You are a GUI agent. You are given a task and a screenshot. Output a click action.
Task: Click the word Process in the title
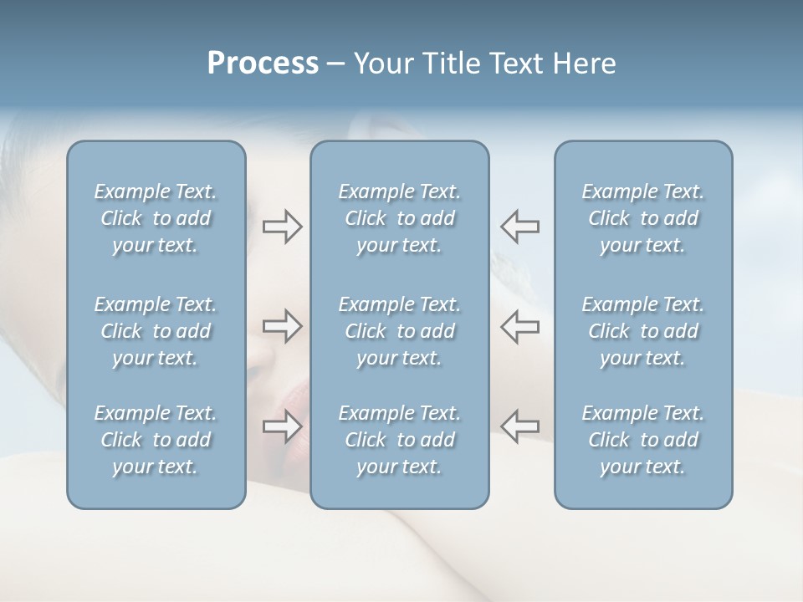pos(263,64)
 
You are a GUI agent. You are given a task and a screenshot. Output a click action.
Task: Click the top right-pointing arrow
pos(282,227)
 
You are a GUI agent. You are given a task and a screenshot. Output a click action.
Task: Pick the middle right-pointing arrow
pos(282,326)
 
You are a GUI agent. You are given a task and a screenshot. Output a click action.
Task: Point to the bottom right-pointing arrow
pos(282,426)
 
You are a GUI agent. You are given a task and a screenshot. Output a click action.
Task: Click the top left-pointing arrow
pos(519,227)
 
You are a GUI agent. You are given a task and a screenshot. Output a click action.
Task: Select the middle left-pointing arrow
pos(519,326)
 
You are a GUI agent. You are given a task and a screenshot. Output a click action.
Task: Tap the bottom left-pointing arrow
pos(519,426)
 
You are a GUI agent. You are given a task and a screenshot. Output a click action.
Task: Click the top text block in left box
pos(156,218)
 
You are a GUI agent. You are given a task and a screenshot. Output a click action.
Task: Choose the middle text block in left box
pos(156,331)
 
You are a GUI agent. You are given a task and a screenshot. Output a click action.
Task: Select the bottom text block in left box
pos(156,440)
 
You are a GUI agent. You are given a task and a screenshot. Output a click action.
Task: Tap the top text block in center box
pos(400,218)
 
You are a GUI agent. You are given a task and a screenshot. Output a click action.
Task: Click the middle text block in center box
pos(400,331)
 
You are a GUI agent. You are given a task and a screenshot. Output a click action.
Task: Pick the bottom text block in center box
pos(400,440)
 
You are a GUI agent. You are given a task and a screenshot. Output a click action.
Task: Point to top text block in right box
pos(643,218)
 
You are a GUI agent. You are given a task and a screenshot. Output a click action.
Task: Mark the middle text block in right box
pos(643,331)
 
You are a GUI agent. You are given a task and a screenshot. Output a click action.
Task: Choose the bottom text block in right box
pos(643,440)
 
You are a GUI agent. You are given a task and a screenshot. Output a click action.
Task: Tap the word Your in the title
pos(384,64)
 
